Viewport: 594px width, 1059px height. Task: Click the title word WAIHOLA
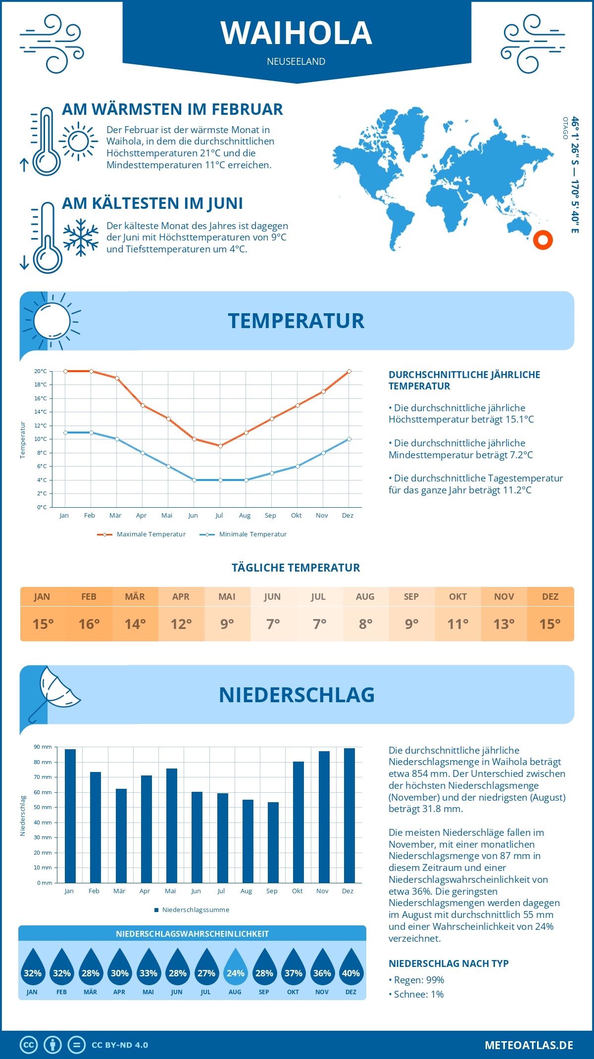tap(297, 33)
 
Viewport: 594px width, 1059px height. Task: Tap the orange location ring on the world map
tap(543, 240)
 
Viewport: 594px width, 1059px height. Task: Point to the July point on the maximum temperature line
tap(220, 446)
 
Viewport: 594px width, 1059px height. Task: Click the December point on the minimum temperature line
tap(349, 439)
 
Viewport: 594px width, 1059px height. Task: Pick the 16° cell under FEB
tap(89, 624)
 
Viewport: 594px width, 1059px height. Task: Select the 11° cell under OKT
tap(458, 624)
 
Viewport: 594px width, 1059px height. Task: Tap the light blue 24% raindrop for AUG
tap(235, 967)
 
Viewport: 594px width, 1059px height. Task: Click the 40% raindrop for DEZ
tap(351, 967)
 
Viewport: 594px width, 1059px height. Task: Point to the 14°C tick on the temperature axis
tap(41, 412)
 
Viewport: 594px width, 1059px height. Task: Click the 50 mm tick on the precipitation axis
tap(44, 807)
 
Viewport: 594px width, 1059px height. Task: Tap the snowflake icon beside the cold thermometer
tap(81, 238)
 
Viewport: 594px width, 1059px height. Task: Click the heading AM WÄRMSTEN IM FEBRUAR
tap(172, 109)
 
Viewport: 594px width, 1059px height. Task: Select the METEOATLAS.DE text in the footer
tap(529, 1045)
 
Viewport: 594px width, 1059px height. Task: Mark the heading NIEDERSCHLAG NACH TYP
tap(448, 963)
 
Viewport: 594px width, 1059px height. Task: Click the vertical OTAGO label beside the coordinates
tap(565, 128)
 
